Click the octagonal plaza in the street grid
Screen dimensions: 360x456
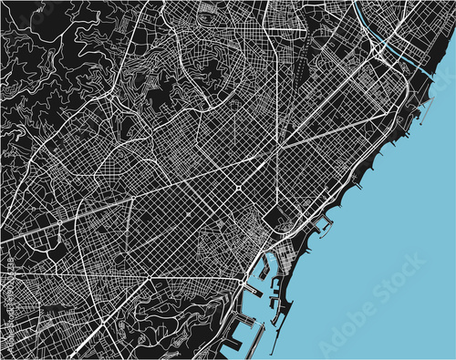click(238, 186)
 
